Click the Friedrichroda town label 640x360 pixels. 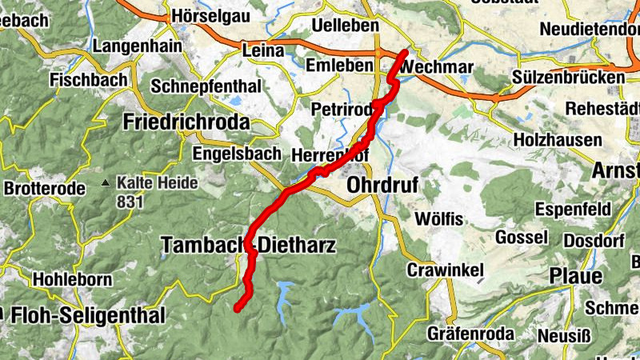186,122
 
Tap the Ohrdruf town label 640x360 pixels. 382,186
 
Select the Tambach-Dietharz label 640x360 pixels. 248,246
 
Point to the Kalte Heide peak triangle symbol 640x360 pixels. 106,183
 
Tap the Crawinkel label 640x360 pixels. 446,270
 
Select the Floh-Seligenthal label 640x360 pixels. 87,315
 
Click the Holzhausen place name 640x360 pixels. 558,140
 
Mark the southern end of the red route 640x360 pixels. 237,307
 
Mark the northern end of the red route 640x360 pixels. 405,53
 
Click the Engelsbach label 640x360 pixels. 238,153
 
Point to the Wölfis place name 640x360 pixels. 438,218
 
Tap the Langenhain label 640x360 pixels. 137,46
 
